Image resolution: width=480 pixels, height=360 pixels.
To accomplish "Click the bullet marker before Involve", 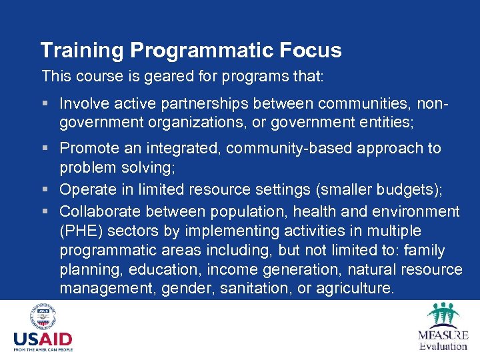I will click(45, 104).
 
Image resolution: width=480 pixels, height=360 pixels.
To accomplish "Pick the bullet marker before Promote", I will click(45, 148).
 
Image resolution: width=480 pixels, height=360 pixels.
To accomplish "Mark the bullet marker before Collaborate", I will click(45, 212).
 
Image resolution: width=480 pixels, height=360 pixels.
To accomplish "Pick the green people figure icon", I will click(443, 315).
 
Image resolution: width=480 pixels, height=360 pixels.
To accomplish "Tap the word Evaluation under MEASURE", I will click(443, 346).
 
